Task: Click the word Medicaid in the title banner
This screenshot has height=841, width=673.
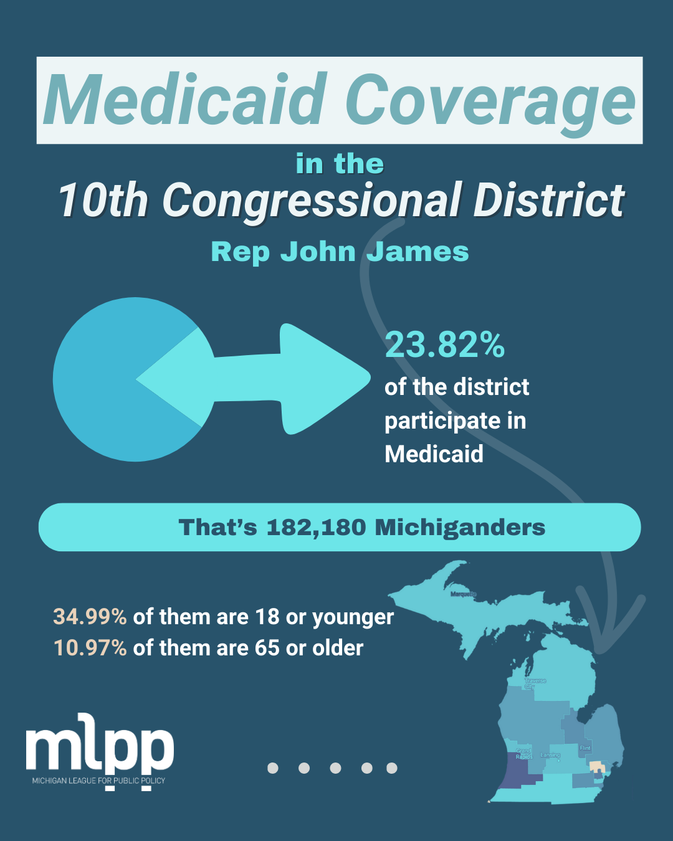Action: (x=185, y=100)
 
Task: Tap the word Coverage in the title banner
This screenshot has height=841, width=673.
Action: (x=490, y=100)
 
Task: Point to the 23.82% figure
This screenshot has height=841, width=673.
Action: (x=444, y=344)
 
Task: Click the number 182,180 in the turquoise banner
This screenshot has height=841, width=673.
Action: (x=316, y=528)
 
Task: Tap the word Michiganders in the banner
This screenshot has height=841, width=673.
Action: (x=460, y=528)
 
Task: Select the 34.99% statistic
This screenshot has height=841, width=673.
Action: (x=90, y=617)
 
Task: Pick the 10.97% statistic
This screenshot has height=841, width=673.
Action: (x=90, y=648)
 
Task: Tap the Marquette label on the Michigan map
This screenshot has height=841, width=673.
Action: (x=462, y=594)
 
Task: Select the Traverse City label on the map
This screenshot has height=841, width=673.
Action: (x=535, y=683)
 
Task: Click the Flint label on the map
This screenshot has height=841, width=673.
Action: (x=585, y=748)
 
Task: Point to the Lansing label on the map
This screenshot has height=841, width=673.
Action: (x=550, y=755)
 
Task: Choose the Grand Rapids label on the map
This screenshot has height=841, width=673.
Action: (x=523, y=754)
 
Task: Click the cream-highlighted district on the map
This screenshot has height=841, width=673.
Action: (x=596, y=766)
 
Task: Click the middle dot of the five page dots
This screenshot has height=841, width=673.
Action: (x=335, y=768)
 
